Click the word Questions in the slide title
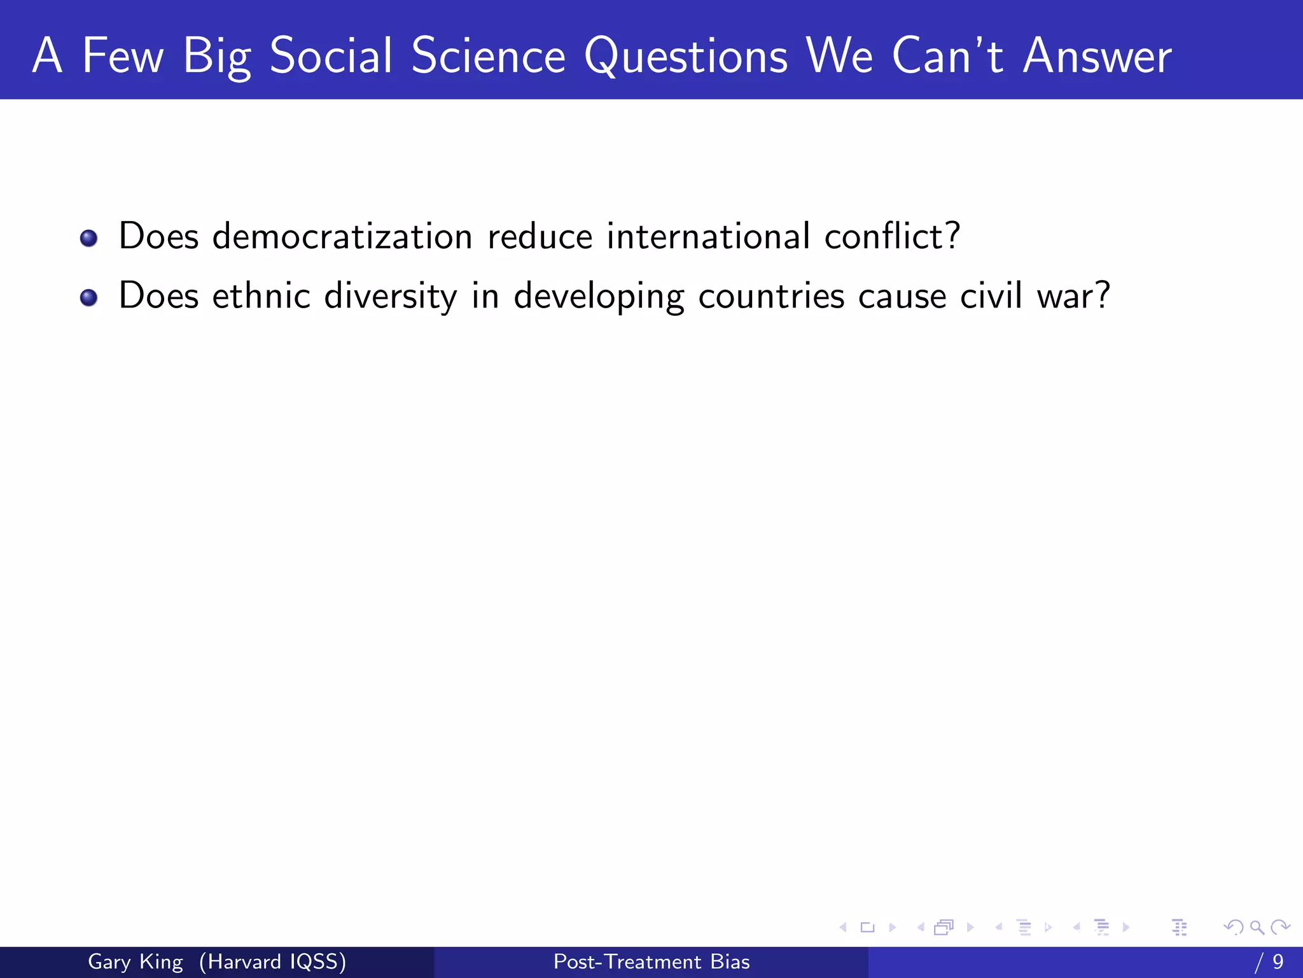point(686,56)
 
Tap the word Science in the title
point(488,56)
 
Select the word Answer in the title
point(1097,56)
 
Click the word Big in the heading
point(216,56)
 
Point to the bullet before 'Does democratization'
point(89,238)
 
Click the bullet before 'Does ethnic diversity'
point(89,297)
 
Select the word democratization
point(342,236)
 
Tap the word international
point(708,236)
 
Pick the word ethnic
point(261,296)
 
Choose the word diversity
point(390,296)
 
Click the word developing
point(599,296)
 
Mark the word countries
point(771,296)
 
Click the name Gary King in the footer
point(135,961)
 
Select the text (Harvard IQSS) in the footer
point(272,961)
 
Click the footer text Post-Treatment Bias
point(651,961)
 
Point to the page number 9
point(1278,961)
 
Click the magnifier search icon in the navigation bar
point(1257,927)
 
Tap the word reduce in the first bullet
point(540,236)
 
